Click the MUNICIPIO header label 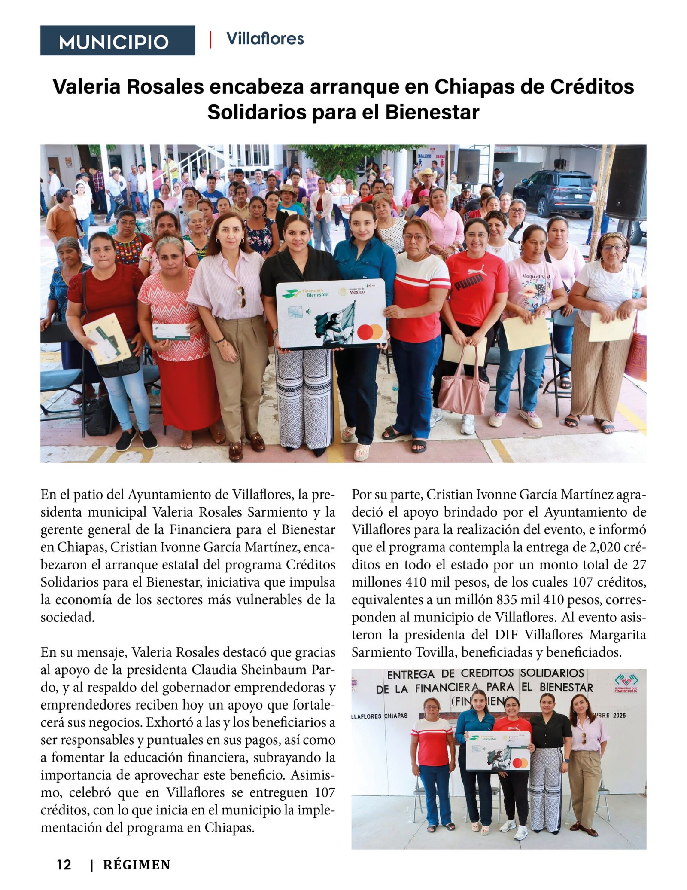click(114, 42)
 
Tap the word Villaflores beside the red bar click(265, 39)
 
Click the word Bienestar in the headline click(432, 113)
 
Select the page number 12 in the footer click(64, 864)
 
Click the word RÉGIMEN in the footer click(137, 864)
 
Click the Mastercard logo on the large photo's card click(370, 332)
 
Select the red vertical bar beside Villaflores click(210, 39)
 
